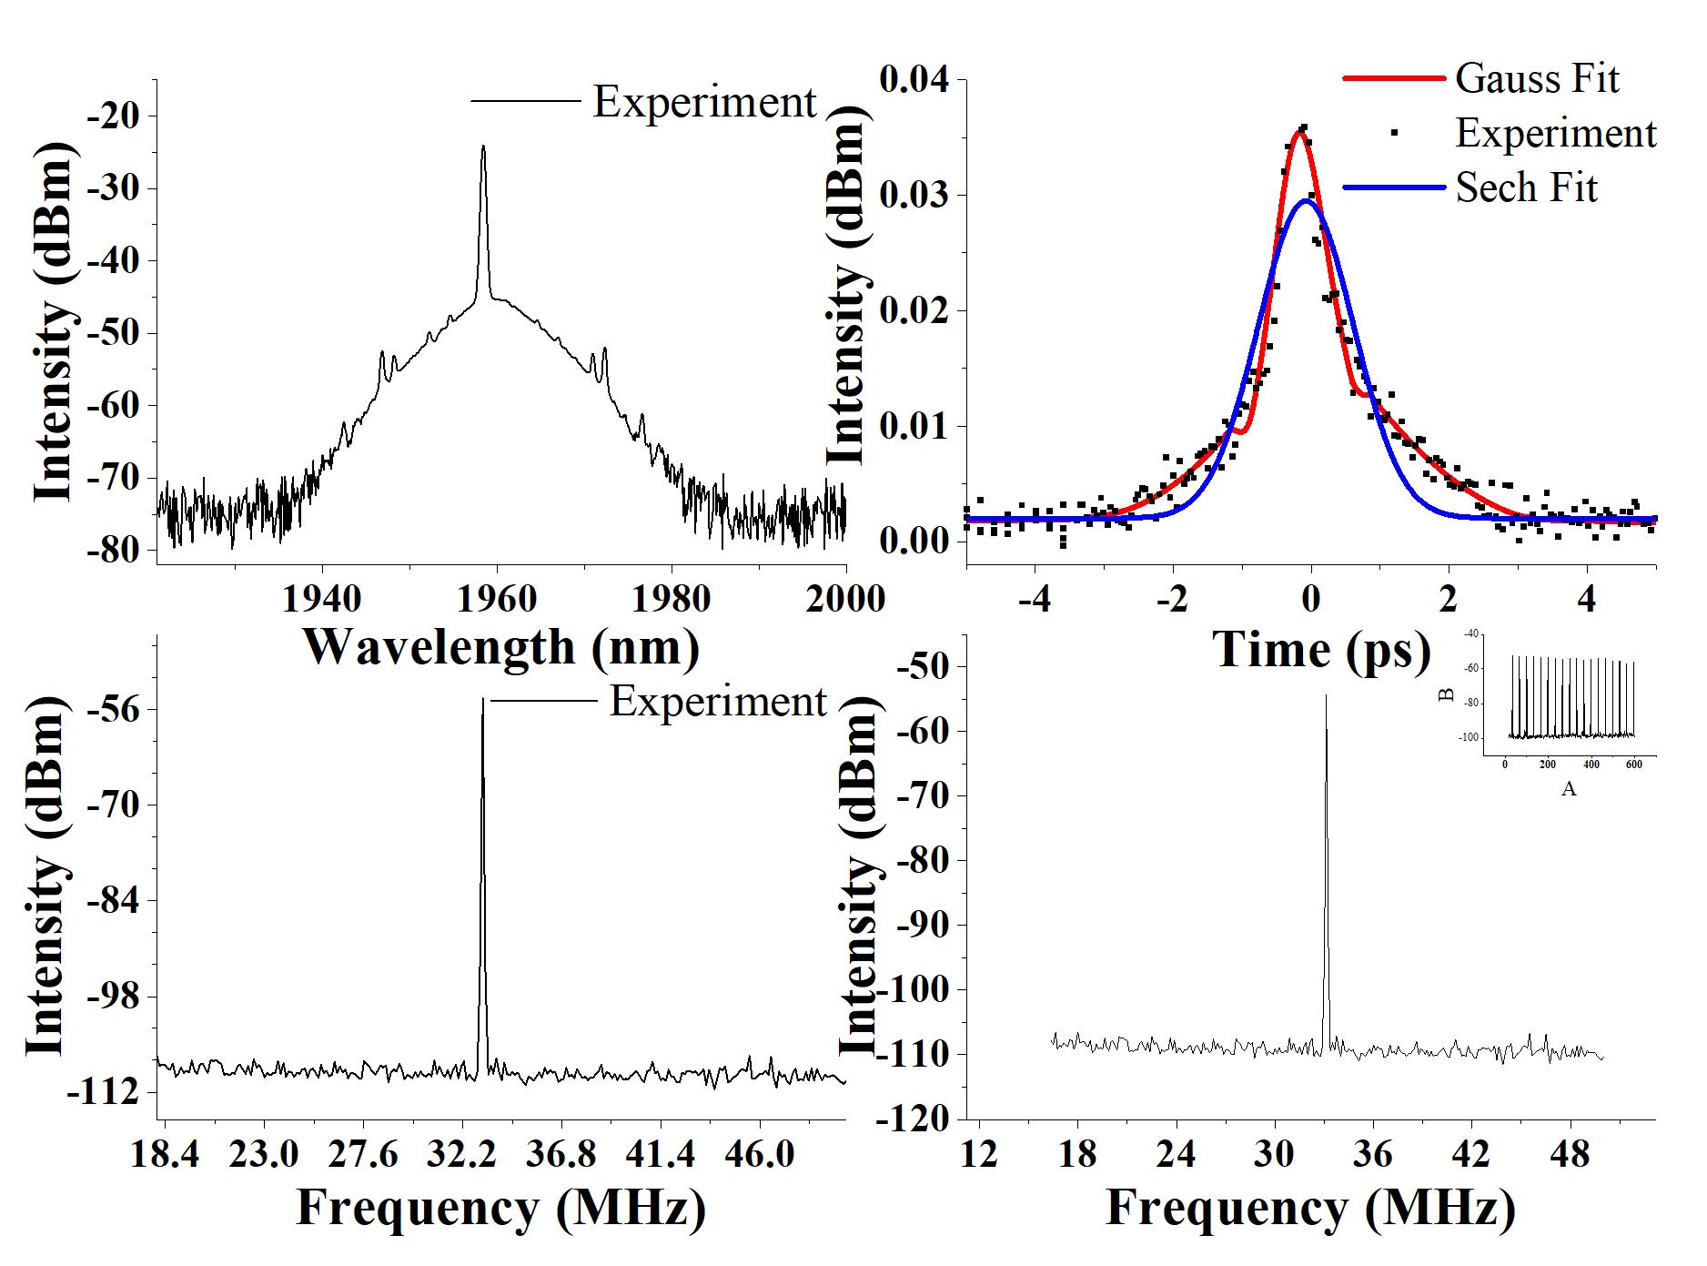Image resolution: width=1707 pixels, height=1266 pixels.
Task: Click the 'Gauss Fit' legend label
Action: [x=1537, y=78]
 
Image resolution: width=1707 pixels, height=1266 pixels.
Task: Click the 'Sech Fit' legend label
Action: [x=1526, y=187]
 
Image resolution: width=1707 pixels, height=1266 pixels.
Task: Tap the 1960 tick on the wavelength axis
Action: [x=497, y=598]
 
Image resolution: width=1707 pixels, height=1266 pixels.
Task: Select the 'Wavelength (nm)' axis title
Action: [x=501, y=648]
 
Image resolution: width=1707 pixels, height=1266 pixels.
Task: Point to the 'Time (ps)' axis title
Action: [x=1321, y=650]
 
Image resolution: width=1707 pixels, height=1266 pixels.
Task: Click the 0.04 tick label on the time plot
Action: [x=914, y=79]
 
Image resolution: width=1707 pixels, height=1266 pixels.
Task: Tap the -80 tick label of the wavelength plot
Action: [x=114, y=549]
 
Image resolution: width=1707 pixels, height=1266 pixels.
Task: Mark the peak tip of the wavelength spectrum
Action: [x=483, y=147]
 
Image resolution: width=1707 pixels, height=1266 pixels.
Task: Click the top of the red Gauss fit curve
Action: [x=1301, y=134]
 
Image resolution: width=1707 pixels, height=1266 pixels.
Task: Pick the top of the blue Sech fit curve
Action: [x=1307, y=201]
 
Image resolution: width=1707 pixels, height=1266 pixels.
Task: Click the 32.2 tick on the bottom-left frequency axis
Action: [x=461, y=1154]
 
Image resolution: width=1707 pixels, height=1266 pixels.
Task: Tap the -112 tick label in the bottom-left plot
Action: [x=103, y=1091]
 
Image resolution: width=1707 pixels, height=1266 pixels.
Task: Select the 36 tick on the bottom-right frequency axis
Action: [x=1373, y=1154]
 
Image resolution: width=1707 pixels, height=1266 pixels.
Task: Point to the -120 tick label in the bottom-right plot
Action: [x=913, y=1119]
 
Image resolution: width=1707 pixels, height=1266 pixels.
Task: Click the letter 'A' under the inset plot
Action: [x=1569, y=788]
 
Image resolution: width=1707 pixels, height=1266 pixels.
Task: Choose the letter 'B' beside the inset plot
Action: [x=1446, y=695]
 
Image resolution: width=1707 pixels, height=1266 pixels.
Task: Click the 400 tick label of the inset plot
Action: [x=1591, y=765]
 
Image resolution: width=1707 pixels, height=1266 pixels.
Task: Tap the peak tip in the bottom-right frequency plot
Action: [x=1326, y=696]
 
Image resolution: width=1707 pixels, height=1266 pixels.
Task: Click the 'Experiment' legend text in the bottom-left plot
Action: [x=718, y=701]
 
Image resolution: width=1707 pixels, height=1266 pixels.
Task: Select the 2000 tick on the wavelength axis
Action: [x=845, y=598]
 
